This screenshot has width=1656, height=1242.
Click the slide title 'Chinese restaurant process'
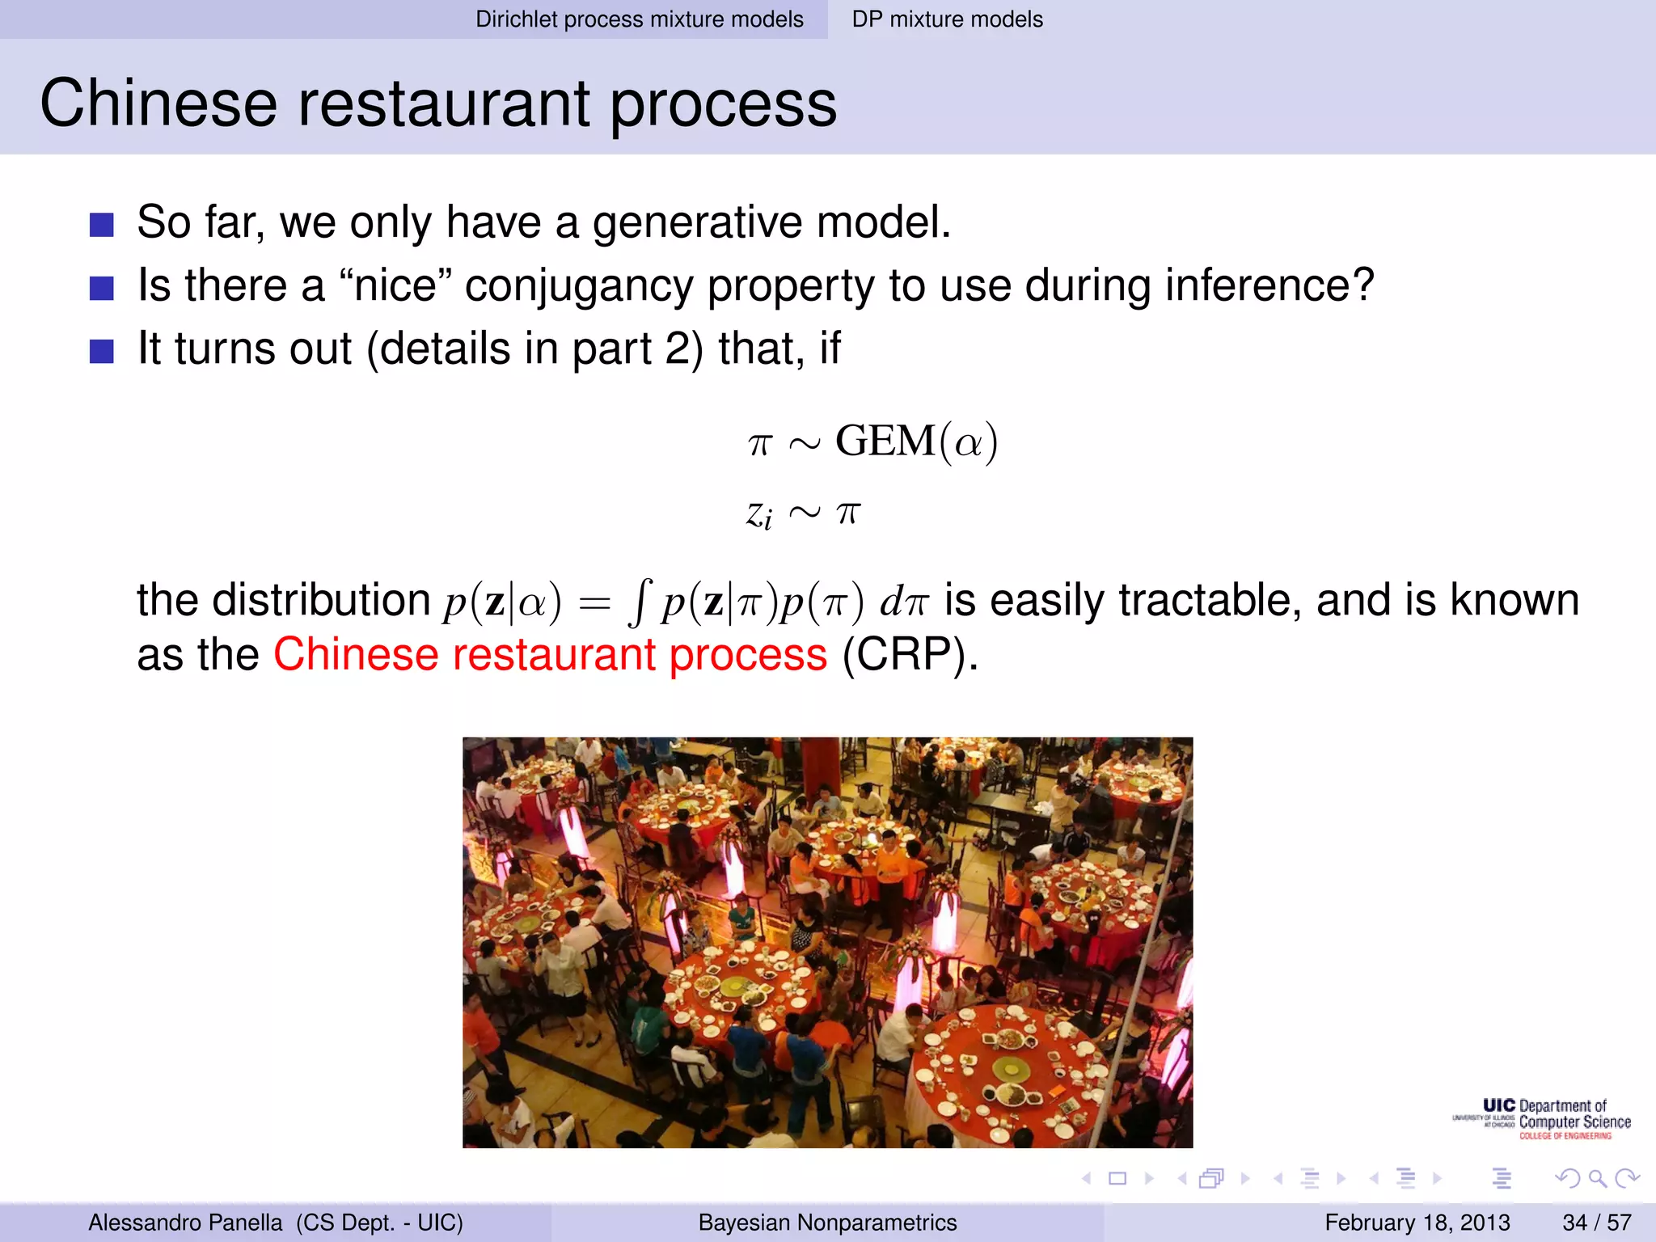click(438, 103)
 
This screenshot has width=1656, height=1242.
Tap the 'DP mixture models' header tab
click(947, 19)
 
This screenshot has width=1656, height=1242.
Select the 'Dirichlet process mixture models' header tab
click(639, 19)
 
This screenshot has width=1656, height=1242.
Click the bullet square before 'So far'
click(102, 224)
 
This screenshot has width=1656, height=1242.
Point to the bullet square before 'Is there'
click(102, 287)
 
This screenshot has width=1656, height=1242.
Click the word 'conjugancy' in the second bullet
click(579, 286)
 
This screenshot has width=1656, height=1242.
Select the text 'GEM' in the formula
click(885, 441)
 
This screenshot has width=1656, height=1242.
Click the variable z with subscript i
click(758, 514)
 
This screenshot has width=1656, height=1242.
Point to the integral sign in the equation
click(639, 603)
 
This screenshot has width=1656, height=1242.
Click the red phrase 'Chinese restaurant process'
click(550, 654)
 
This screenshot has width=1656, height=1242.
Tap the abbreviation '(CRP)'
click(910, 654)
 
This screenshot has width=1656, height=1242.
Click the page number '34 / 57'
click(1596, 1223)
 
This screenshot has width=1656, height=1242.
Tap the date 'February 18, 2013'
click(1417, 1223)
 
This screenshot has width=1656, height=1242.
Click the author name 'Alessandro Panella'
click(185, 1223)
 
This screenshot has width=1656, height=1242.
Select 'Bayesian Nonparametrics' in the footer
click(827, 1223)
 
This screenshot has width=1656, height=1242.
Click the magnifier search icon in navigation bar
click(1597, 1179)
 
